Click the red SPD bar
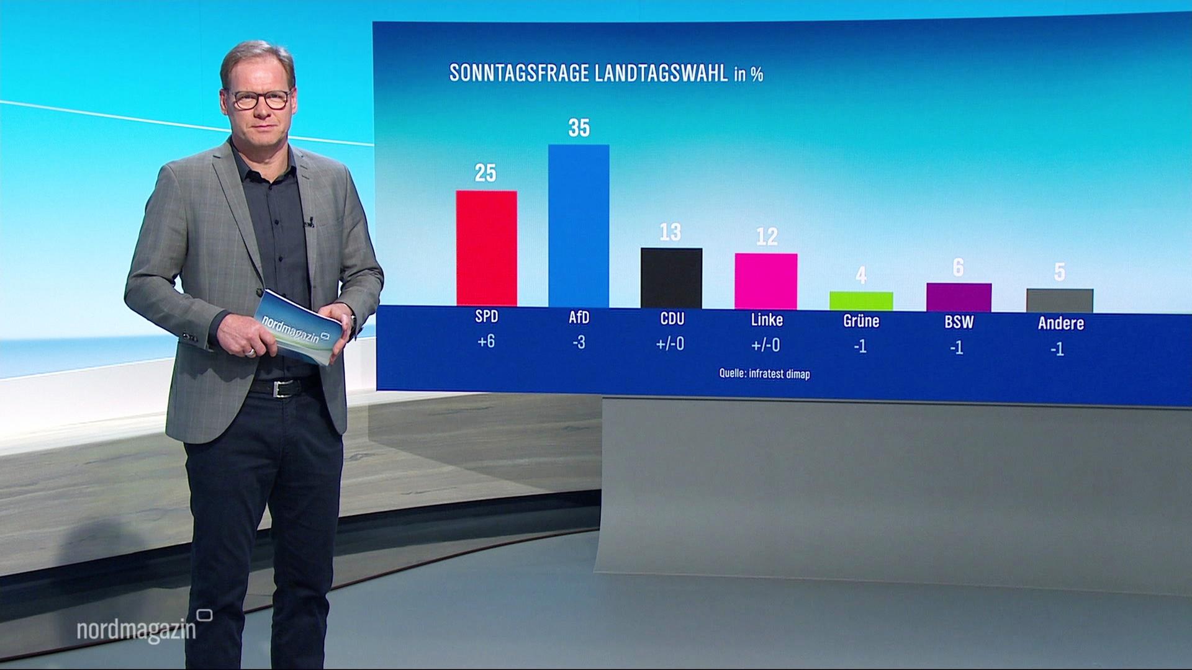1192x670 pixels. [x=486, y=248]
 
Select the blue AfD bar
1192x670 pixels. [x=579, y=226]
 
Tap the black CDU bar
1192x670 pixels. [x=671, y=278]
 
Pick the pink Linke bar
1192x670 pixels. [x=766, y=281]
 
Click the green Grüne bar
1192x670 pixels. [x=861, y=301]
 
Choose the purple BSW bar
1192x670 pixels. [x=959, y=297]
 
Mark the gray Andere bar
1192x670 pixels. [x=1060, y=301]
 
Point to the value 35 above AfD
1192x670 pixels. [x=579, y=128]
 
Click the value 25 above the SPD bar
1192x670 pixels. [x=485, y=173]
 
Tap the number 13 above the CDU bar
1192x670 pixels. [x=670, y=232]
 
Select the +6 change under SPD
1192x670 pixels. [x=486, y=341]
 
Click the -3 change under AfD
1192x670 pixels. [x=579, y=342]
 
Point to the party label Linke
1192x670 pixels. [x=767, y=319]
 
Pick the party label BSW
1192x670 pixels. [x=959, y=322]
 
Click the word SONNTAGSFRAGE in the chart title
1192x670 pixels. [x=519, y=73]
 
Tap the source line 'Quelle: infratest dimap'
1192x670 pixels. [x=764, y=373]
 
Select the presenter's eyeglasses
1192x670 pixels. [x=261, y=99]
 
